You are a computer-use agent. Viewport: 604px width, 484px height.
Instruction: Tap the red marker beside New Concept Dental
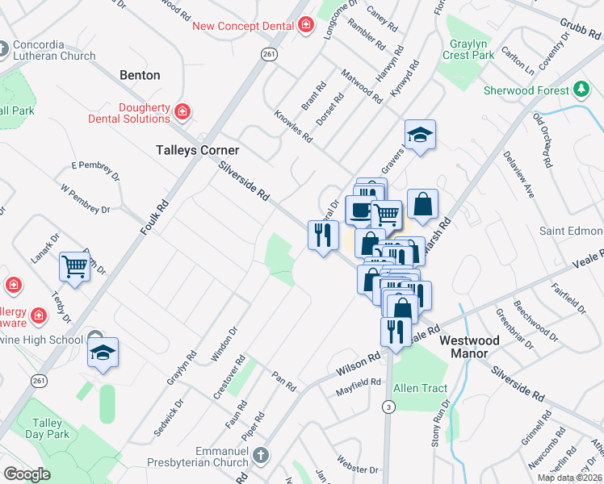click(306, 26)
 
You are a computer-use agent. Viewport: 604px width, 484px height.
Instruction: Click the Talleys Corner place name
click(197, 150)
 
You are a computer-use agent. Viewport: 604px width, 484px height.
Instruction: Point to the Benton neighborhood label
click(140, 75)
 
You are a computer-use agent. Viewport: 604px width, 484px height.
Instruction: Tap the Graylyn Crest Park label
click(468, 50)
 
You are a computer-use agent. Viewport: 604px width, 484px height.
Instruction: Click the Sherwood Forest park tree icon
click(581, 90)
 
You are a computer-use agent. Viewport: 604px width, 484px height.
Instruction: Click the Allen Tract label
click(420, 388)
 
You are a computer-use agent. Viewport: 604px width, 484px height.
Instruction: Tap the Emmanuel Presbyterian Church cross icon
click(260, 456)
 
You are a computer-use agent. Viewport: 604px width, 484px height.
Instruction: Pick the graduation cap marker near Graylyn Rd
click(103, 353)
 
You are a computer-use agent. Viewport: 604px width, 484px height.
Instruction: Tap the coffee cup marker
click(360, 209)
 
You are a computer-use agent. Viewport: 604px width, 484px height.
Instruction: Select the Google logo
click(27, 474)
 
